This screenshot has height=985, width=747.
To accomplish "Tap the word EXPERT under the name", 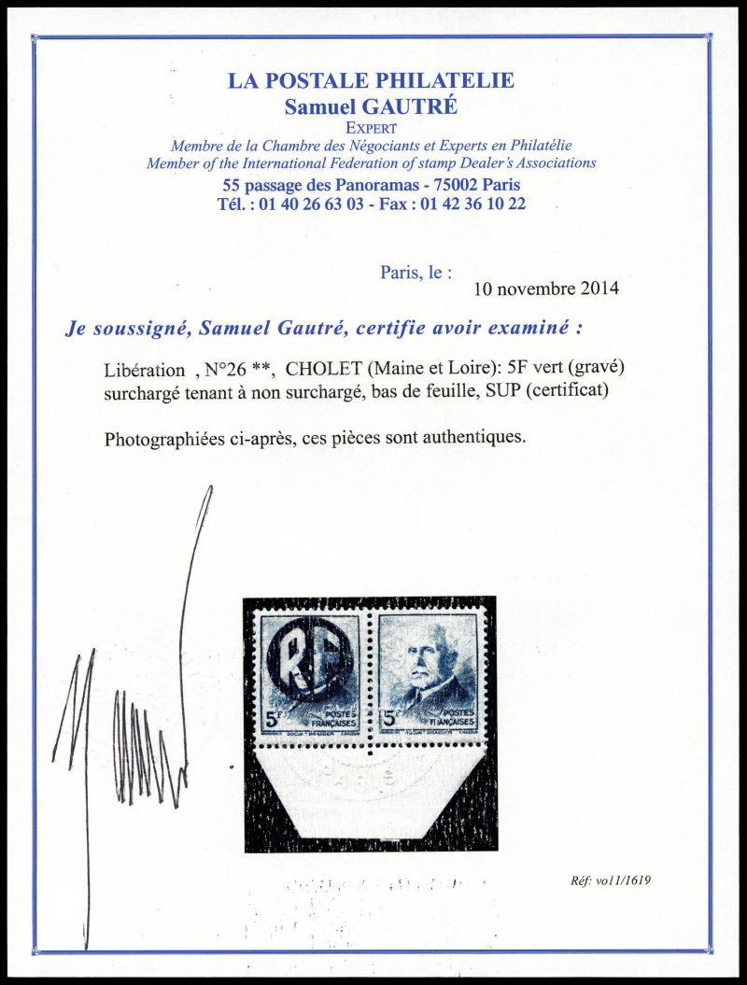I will (x=371, y=128).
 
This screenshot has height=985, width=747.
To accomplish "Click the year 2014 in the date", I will (x=598, y=288).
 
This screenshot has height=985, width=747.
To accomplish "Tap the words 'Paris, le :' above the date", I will (x=416, y=272).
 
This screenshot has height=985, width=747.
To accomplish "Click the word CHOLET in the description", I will (x=331, y=370).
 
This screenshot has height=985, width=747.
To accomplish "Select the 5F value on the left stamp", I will (x=275, y=720).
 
